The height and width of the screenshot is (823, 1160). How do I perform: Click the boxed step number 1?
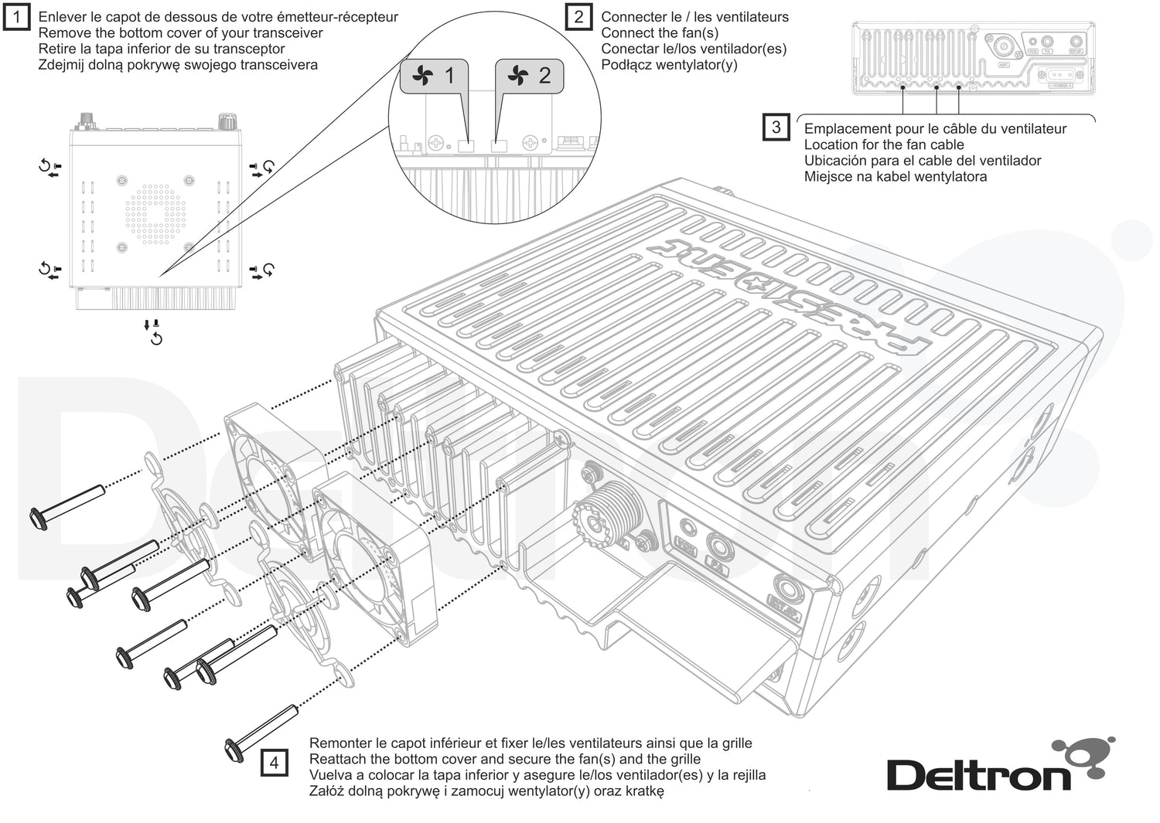point(17,16)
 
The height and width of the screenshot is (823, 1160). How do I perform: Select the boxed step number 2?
point(578,16)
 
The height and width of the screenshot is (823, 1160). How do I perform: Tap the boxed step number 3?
point(776,128)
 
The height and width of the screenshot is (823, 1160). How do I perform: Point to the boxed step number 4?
point(274,763)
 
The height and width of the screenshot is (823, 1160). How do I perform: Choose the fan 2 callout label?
point(530,76)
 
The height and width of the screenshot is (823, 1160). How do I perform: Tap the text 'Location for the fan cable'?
point(884,145)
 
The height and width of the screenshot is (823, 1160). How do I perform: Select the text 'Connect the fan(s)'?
point(660,32)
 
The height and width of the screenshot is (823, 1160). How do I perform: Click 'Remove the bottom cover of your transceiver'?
point(180,32)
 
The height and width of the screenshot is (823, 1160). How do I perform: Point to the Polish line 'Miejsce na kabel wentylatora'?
point(895,176)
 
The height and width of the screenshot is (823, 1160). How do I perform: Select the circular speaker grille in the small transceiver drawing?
point(155,214)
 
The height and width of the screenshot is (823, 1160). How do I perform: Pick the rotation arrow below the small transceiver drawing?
point(156,338)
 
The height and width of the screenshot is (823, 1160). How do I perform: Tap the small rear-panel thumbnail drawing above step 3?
point(973,58)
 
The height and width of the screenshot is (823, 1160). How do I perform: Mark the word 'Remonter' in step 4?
point(340,743)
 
